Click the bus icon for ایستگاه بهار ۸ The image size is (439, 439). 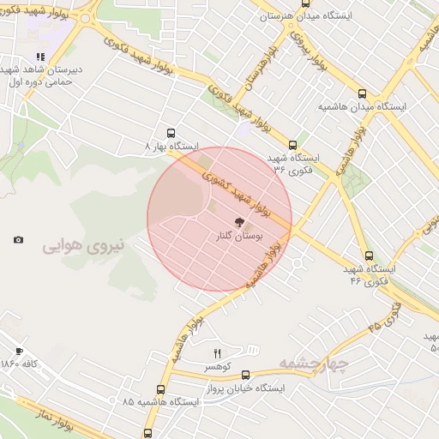click(171, 133)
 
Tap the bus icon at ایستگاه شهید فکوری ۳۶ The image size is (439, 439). click(293, 145)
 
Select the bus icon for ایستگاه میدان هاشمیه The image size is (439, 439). click(362, 94)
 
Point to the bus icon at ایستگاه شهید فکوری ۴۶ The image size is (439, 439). click(369, 256)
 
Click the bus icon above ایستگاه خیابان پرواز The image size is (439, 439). click(246, 375)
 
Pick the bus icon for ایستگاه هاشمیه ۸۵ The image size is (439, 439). click(148, 433)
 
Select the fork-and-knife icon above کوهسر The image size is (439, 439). click(217, 353)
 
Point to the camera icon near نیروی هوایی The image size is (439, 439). click(19, 240)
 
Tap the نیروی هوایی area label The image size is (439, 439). click(83, 247)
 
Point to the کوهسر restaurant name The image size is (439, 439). click(215, 366)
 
